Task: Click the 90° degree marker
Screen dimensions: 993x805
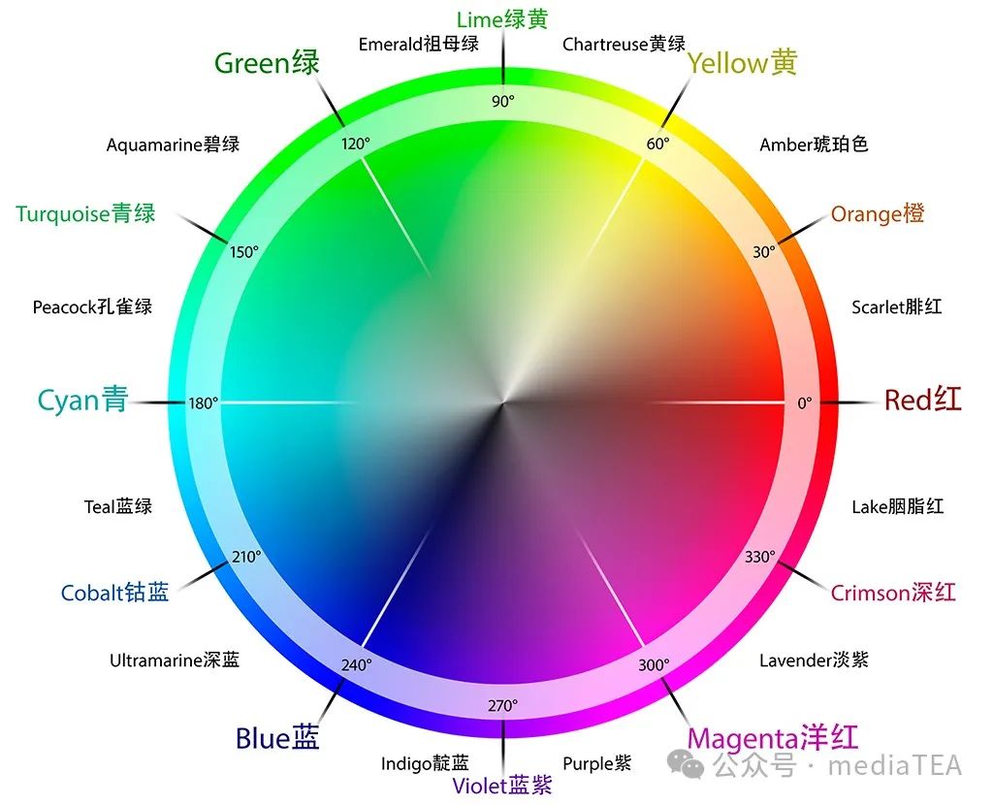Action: tap(502, 101)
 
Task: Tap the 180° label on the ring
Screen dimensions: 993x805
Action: tap(204, 402)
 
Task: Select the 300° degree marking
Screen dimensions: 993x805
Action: tap(654, 665)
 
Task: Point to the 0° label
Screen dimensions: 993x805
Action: tap(804, 402)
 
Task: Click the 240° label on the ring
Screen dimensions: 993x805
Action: tap(356, 665)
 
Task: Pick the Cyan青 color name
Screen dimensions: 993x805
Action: tap(82, 400)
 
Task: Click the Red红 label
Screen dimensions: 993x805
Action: tap(922, 400)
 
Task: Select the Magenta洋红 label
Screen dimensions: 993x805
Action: tap(773, 737)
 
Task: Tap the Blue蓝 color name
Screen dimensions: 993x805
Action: tap(277, 739)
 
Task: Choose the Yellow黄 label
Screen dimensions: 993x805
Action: tap(742, 64)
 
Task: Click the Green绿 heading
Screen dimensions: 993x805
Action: tap(267, 64)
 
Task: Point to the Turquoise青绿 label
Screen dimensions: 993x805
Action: tap(85, 213)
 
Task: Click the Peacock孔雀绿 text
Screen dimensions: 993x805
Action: tap(92, 307)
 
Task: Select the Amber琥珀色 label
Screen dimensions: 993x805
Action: tap(814, 145)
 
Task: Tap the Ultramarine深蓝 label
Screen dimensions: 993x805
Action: tap(175, 660)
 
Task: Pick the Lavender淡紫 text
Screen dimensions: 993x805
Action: tap(814, 660)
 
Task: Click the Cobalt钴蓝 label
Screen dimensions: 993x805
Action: tap(114, 593)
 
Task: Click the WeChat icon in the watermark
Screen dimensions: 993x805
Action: tap(692, 766)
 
